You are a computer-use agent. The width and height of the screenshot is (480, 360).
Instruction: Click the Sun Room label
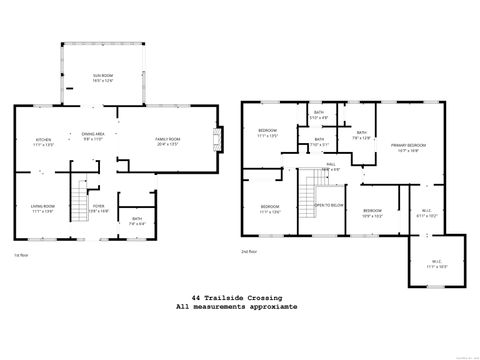pos(103,76)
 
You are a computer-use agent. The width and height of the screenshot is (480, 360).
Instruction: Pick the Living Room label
pos(43,209)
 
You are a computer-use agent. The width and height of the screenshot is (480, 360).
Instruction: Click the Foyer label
pos(99,209)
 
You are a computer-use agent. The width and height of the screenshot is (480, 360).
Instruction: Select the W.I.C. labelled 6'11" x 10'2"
pos(426,213)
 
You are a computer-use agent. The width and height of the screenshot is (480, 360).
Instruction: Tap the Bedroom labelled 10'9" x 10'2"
pos(373,212)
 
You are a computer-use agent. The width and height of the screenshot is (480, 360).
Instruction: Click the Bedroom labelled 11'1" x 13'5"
pos(268,134)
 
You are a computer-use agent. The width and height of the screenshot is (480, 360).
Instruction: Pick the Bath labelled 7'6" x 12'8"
pos(361,135)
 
